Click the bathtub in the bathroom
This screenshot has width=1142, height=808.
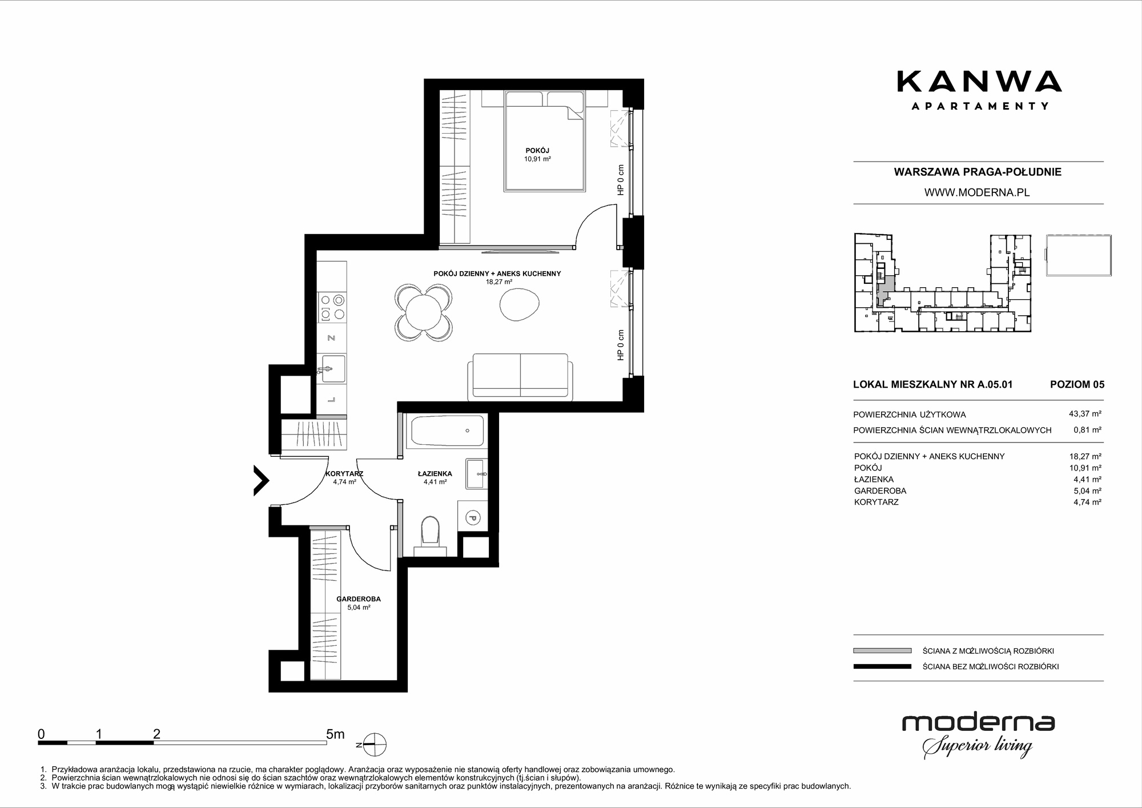click(447, 431)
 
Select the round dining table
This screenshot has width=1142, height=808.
click(423, 313)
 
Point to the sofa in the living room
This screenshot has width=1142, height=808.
click(519, 376)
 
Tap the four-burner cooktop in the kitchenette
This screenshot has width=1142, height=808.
click(332, 307)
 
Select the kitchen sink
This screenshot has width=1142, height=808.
click(332, 368)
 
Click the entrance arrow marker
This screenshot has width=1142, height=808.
click(262, 480)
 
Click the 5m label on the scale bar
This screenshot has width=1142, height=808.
click(335, 734)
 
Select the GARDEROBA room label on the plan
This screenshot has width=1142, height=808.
click(359, 599)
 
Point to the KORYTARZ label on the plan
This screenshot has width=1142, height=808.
click(344, 474)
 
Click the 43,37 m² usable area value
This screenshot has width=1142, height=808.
click(1088, 415)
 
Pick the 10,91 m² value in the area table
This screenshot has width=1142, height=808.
click(1088, 468)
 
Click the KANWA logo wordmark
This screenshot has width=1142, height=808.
click(979, 82)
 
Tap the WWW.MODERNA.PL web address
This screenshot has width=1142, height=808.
click(977, 192)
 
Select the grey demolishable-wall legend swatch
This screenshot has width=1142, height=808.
click(882, 650)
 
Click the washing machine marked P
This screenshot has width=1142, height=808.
click(472, 517)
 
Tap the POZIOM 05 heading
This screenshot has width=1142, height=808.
click(1077, 384)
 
